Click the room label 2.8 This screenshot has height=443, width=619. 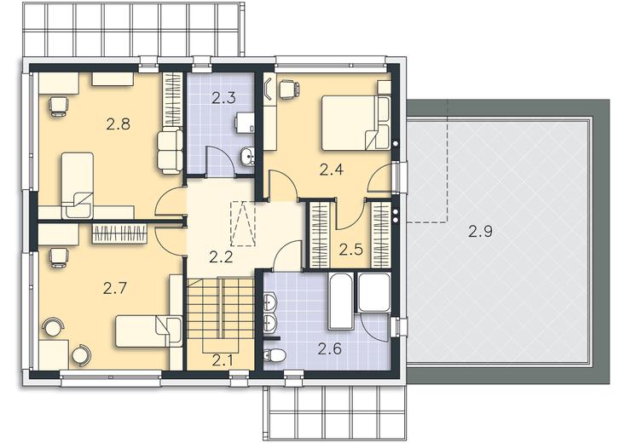pos(118,124)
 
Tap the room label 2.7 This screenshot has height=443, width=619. pos(115,288)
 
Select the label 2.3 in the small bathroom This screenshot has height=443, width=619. pos(223,98)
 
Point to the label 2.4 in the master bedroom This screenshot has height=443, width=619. pos(332,170)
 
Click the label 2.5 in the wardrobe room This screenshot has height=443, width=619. pos(351,250)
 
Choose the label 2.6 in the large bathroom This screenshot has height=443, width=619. pos(330,348)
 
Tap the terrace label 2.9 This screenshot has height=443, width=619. pos(480,231)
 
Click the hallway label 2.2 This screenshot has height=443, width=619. pos(221,257)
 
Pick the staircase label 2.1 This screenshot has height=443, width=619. pos(223,360)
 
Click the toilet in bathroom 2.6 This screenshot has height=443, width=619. pos(275,355)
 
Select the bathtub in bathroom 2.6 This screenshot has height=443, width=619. pos(342,302)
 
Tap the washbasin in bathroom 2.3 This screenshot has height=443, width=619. pos(247,158)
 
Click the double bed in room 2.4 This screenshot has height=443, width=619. pos(356,123)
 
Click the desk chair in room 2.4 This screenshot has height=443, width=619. pos(288,89)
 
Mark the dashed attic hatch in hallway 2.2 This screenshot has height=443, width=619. pos(243,224)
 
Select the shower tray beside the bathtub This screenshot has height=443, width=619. pos(373,291)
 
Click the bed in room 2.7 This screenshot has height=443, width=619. pos(149,331)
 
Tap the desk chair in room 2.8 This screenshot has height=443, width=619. pos(59,106)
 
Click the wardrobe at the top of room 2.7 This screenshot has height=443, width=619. pos(119,233)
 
